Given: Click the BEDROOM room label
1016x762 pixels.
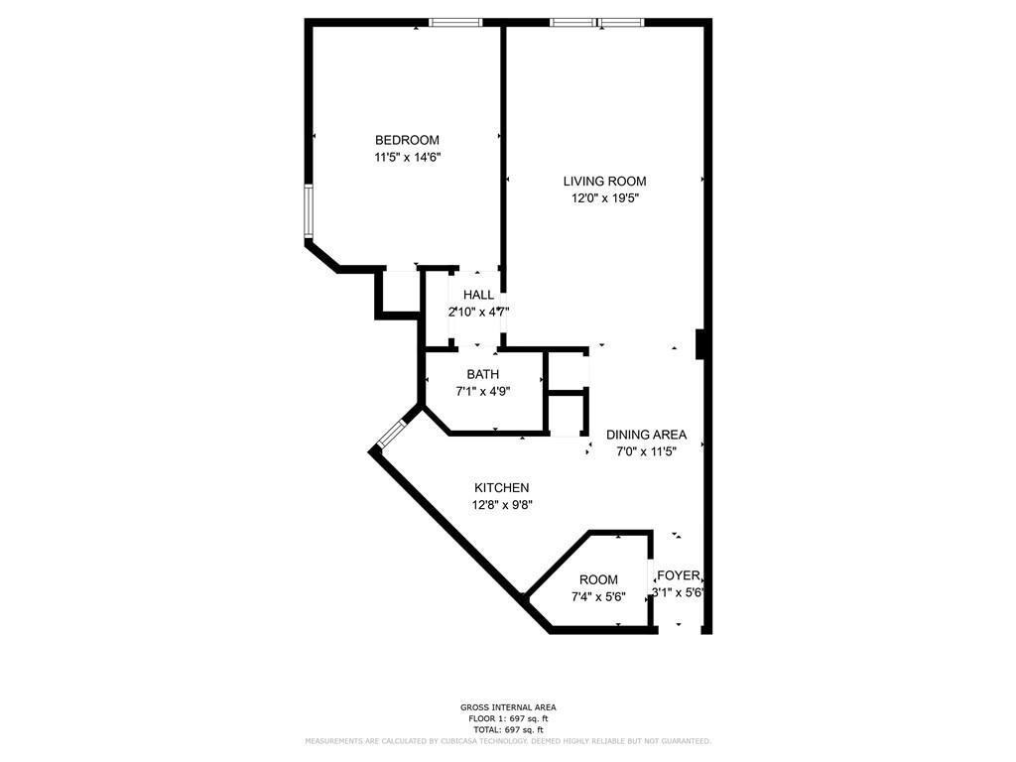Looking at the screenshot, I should pos(406,140).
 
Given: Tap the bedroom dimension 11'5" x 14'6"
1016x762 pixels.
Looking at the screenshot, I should pos(406,157).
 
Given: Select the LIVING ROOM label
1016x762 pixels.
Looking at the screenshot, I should pos(604,181).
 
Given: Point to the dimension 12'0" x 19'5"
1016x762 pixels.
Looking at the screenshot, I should pos(604,197).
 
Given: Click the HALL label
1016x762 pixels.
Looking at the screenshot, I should pos(478,295).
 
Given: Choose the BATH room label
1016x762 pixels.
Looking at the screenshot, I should pos(483,374).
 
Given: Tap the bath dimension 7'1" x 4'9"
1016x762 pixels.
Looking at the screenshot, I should pos(483,391).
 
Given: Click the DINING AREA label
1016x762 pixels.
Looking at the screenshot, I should pos(646,435).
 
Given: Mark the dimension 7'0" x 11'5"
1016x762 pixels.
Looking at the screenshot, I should pos(646,451).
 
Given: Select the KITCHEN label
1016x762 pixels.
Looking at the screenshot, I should pos(501,487).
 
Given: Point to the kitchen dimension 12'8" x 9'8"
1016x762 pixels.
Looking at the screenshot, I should pos(501,504).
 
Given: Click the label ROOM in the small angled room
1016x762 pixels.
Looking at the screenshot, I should pos(598,579).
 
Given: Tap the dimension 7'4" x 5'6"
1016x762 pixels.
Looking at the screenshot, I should pos(598,596).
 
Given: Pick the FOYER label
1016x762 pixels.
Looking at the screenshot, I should pos(679,575).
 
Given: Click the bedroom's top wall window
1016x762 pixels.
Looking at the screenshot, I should pos(455,22).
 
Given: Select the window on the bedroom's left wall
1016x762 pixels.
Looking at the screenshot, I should pos(309,210).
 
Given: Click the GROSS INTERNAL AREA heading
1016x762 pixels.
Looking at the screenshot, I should pos(507,707).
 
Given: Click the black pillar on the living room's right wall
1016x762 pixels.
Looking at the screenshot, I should pos(701,343).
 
